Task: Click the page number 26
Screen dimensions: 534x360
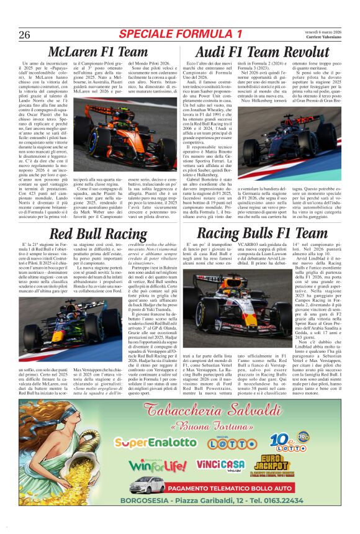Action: [x=24, y=34]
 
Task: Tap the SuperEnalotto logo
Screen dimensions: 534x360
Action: [x=152, y=442]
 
